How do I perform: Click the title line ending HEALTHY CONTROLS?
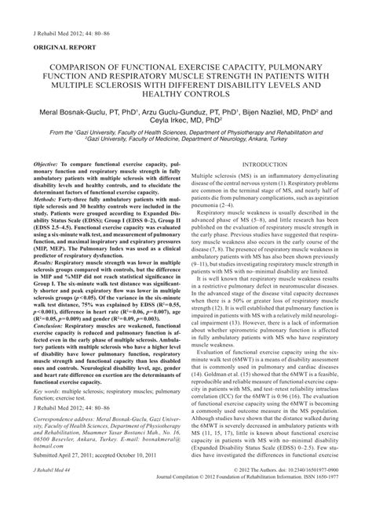[x=185, y=95]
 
